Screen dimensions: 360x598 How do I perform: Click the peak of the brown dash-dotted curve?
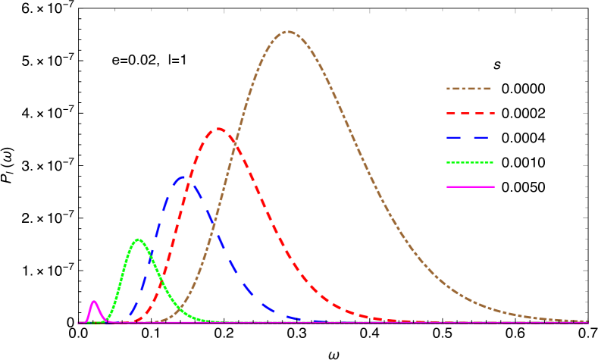pyautogui.click(x=288, y=31)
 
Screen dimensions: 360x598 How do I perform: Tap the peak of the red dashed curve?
pyautogui.click(x=219, y=128)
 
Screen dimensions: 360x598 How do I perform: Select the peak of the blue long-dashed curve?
pyautogui.click(x=184, y=177)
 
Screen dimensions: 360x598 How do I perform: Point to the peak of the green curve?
pyautogui.click(x=138, y=239)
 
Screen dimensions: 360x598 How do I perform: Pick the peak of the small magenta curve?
pyautogui.click(x=94, y=301)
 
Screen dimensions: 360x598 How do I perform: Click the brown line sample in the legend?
pyautogui.click(x=469, y=89)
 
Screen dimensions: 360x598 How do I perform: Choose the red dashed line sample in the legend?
pyautogui.click(x=470, y=113)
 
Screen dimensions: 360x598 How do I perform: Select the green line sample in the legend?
pyautogui.click(x=470, y=162)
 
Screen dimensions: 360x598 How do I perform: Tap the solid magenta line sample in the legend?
pyautogui.click(x=470, y=186)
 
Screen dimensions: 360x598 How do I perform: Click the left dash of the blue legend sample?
pyautogui.click(x=455, y=138)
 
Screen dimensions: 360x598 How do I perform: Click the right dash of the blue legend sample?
pyautogui.click(x=481, y=138)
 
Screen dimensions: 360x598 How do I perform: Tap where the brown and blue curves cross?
pyautogui.click(x=215, y=227)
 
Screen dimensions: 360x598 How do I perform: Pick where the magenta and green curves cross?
pyautogui.click(x=105, y=319)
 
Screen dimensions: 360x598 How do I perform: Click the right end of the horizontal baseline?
pyautogui.click(x=588, y=323)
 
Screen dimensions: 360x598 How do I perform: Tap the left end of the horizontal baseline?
pyautogui.click(x=78, y=323)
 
